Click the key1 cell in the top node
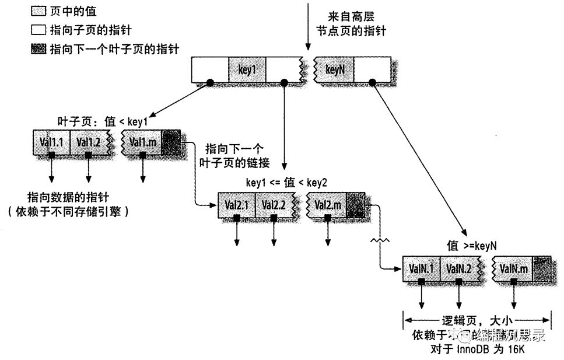click(x=247, y=70)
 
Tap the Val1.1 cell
click(x=51, y=142)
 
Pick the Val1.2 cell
click(x=88, y=142)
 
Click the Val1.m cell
click(x=142, y=142)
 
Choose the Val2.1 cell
click(x=236, y=205)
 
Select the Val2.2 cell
click(x=273, y=205)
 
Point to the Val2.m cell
click(x=327, y=205)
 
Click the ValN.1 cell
click(x=421, y=268)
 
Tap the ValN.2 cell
click(x=458, y=268)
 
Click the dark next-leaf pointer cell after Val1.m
click(x=171, y=142)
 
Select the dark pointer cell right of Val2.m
click(x=355, y=205)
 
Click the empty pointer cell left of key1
click(x=210, y=70)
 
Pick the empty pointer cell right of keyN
click(x=372, y=70)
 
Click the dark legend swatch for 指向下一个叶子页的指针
click(x=38, y=50)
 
